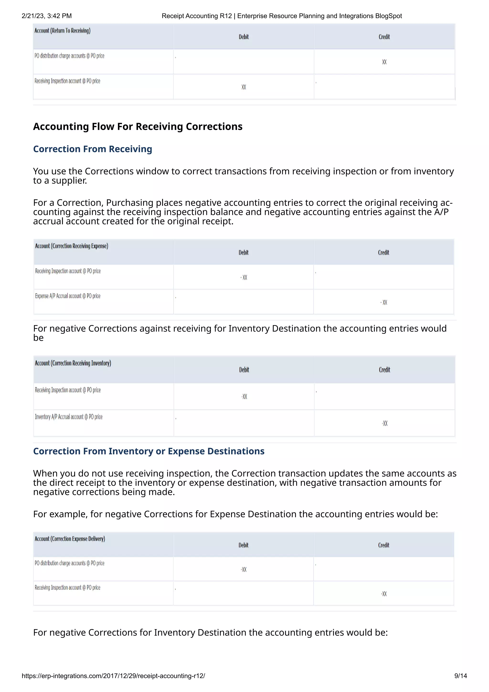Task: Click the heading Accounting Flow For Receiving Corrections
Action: coord(138,127)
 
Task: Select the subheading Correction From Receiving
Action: coord(92,149)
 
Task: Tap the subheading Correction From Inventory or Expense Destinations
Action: coord(149,451)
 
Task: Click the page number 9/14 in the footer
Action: coord(460,676)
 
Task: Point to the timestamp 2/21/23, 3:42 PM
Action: coord(47,16)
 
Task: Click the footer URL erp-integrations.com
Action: coord(113,676)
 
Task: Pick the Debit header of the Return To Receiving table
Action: coord(244,37)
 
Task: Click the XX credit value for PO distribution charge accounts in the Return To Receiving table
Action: coord(384,62)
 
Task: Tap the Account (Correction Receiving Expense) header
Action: coord(71,246)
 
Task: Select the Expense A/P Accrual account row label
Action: coord(68,296)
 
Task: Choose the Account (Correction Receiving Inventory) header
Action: coord(73,363)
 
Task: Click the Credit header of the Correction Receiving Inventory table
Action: coord(384,370)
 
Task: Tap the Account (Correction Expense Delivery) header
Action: coord(69,539)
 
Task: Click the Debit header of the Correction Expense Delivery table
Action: coord(243,545)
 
